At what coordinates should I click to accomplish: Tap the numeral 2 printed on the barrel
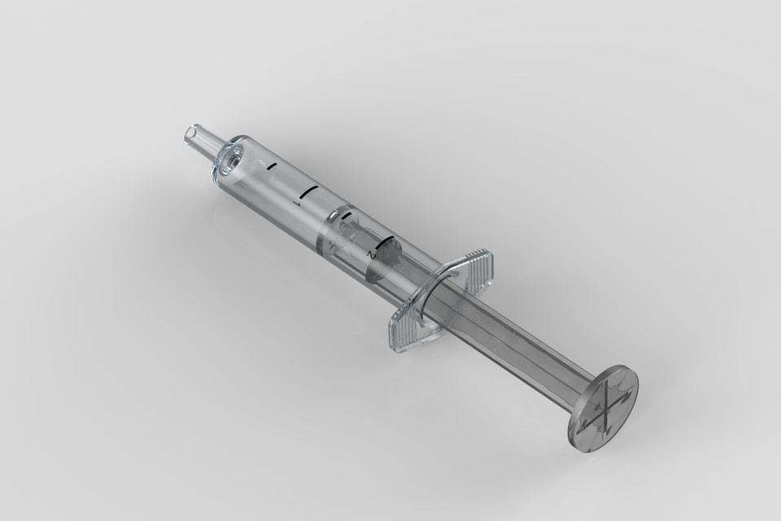coord(371,254)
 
